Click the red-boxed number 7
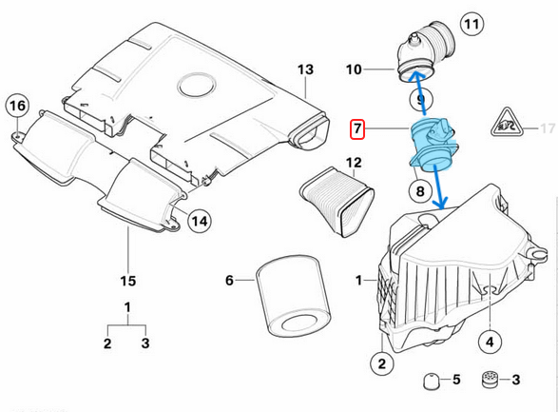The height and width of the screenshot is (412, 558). (356, 128)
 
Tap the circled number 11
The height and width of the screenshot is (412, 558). (471, 23)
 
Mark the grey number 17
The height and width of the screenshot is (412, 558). (546, 127)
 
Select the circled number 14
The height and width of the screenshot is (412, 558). (197, 221)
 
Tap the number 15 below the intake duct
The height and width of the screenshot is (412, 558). (128, 281)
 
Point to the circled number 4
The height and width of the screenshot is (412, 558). (489, 341)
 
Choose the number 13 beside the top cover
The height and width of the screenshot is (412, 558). (304, 69)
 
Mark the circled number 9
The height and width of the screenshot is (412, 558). (417, 99)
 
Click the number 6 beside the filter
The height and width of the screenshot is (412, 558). (229, 280)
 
